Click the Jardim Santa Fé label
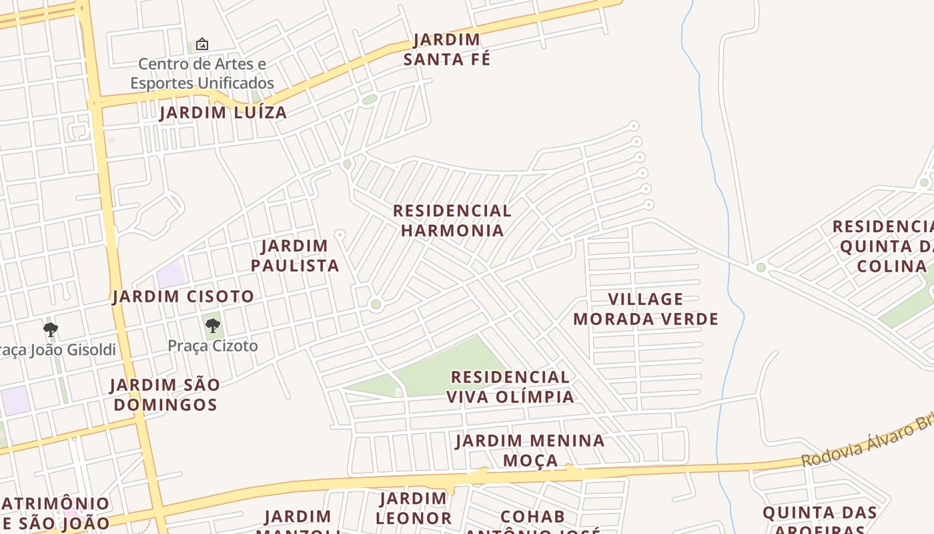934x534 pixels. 446,49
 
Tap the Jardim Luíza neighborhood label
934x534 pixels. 223,112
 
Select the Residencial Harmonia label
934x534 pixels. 452,220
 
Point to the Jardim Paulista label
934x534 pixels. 295,255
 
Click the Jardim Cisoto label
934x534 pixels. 183,296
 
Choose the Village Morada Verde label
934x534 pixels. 645,308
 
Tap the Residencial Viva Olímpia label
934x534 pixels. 510,386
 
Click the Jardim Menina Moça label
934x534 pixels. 530,450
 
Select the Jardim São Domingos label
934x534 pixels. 165,394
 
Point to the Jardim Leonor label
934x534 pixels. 413,508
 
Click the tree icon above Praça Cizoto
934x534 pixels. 213,326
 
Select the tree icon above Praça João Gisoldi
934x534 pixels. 50,329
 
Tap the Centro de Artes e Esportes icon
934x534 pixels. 201,44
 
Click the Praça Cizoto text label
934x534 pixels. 212,346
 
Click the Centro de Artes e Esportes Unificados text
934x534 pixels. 202,73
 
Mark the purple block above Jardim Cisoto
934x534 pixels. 171,275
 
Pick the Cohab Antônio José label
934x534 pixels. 532,523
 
